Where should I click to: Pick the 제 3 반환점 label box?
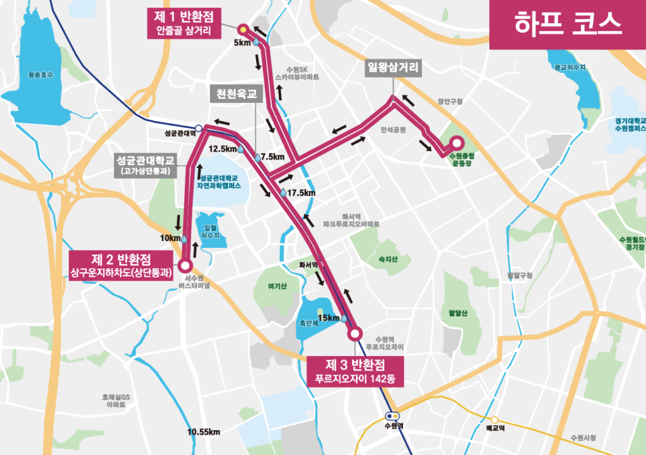click(355, 371)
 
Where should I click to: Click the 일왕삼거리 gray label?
click(393, 69)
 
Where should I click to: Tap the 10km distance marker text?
click(170, 238)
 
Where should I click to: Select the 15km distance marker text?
click(329, 317)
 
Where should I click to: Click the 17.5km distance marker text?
click(300, 192)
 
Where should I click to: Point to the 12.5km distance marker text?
click(222, 149)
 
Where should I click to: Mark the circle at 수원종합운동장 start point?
click(455, 143)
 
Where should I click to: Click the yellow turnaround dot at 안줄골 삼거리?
click(242, 29)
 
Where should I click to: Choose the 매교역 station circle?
click(496, 420)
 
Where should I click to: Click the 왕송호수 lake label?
click(41, 75)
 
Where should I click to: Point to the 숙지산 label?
click(385, 257)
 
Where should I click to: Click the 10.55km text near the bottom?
click(203, 432)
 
